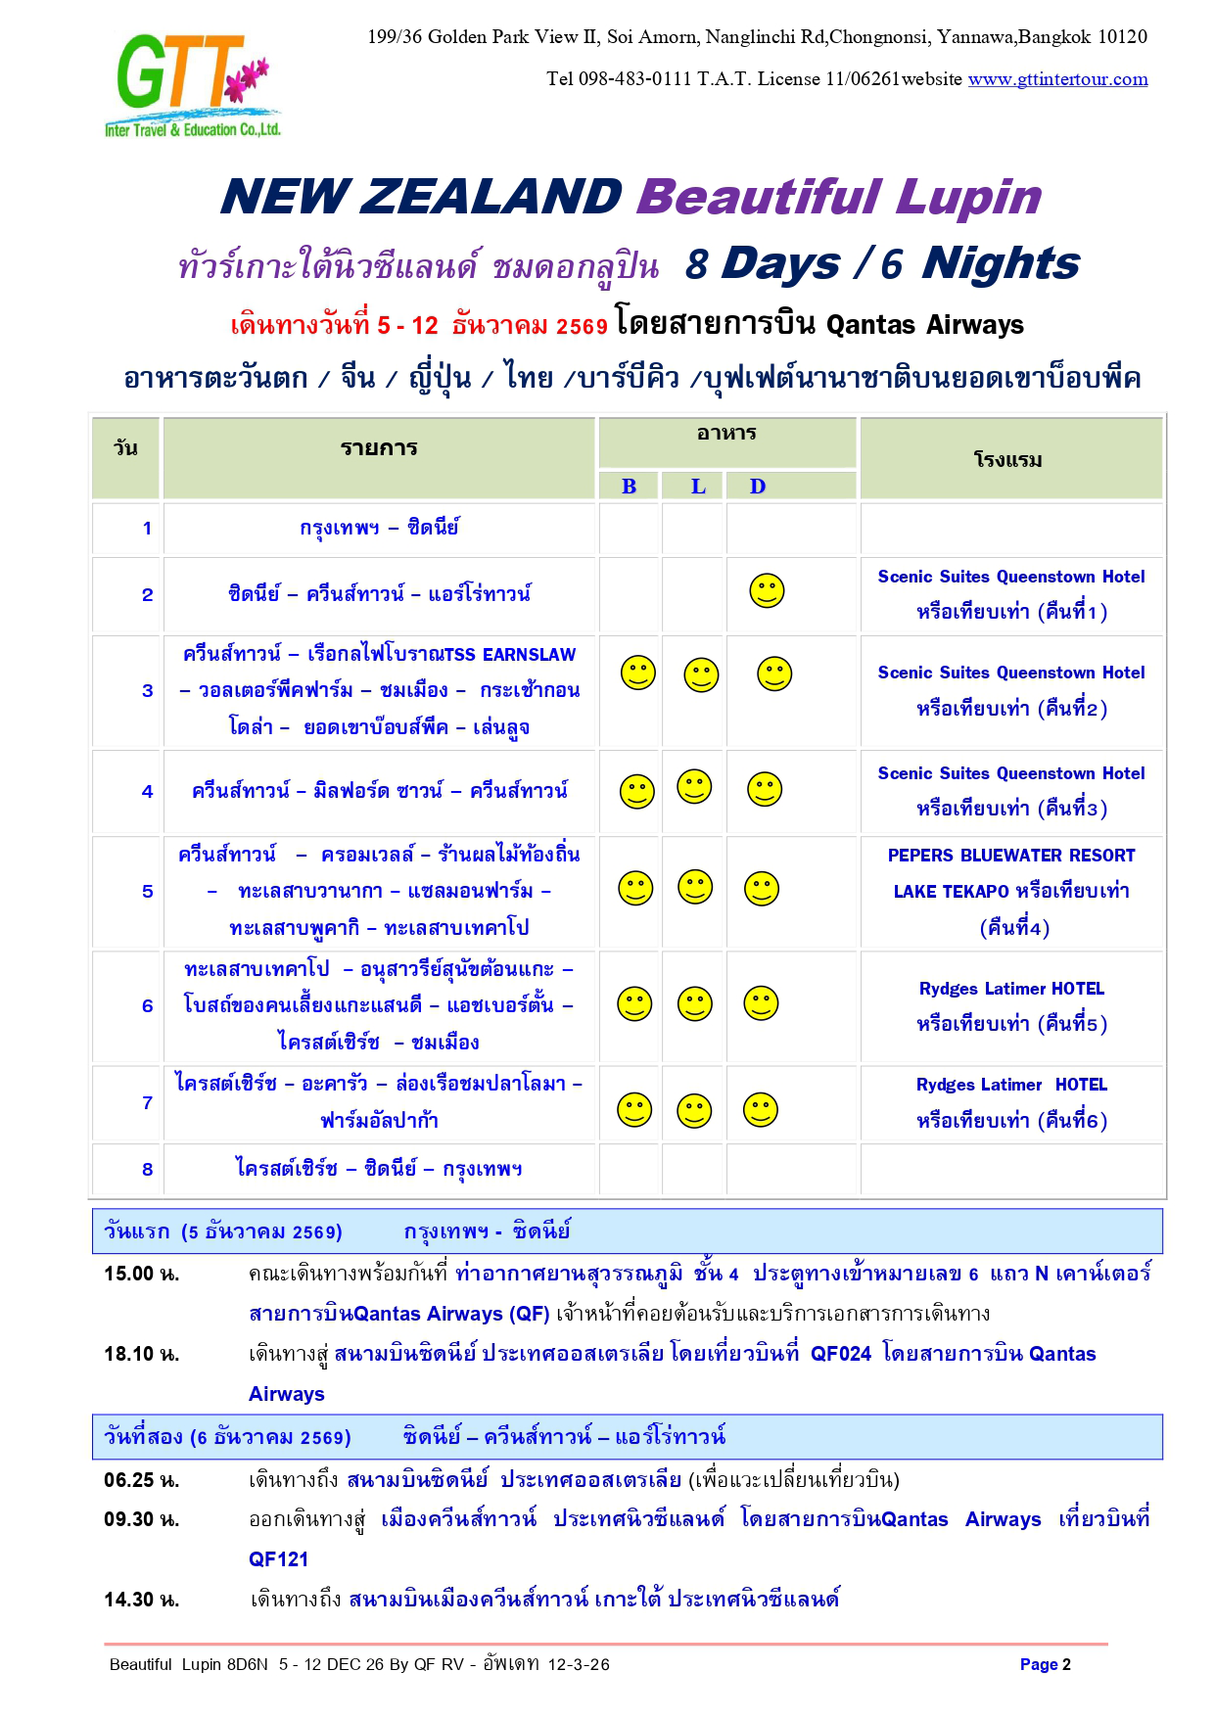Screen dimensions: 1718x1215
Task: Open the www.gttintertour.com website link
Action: (1057, 79)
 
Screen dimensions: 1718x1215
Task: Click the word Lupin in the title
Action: (968, 197)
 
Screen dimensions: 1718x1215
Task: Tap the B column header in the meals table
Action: (629, 487)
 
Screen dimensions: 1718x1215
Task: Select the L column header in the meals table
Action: (698, 487)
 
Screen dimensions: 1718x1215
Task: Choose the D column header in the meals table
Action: (758, 487)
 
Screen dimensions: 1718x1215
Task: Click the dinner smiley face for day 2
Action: (767, 591)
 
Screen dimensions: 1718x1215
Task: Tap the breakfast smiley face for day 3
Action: (638, 673)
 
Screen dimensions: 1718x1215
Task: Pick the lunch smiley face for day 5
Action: (695, 887)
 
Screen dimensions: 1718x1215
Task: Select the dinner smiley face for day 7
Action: (761, 1110)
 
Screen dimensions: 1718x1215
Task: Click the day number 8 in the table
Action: (148, 1169)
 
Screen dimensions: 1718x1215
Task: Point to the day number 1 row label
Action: (148, 529)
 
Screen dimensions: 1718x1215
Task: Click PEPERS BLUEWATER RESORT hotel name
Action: (1010, 856)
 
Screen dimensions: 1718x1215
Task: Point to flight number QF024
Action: (840, 1354)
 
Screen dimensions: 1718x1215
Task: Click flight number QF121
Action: (279, 1559)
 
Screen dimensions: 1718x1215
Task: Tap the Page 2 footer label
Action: (1045, 1664)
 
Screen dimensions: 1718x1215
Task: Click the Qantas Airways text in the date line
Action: (924, 325)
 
